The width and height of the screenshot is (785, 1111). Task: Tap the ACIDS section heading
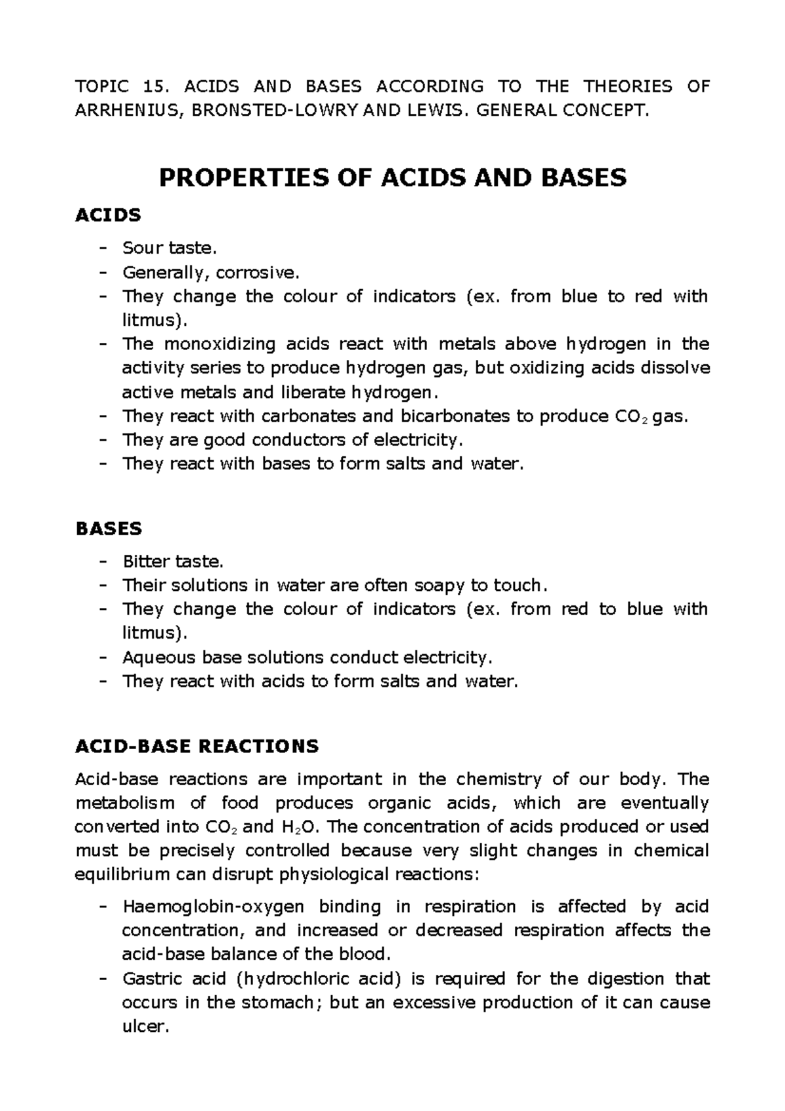(109, 215)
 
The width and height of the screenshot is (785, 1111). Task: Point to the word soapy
(449, 585)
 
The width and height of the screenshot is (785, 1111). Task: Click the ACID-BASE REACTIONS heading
(197, 746)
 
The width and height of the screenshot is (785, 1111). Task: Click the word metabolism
(125, 803)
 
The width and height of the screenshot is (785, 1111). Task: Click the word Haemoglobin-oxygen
(213, 907)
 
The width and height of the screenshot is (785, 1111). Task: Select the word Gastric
(148, 979)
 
